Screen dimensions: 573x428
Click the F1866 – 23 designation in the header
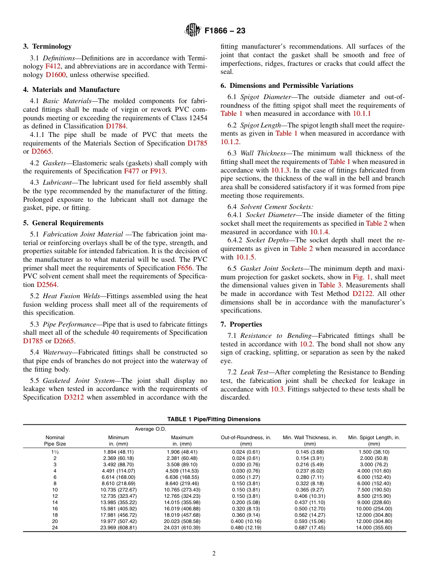tap(225, 31)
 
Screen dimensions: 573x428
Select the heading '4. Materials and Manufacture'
tap(71, 90)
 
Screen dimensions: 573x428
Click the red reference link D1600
tap(55, 75)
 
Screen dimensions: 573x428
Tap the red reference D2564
tap(47, 285)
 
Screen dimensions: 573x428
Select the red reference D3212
tap(74, 397)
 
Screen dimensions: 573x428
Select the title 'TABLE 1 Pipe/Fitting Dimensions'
tap(214, 419)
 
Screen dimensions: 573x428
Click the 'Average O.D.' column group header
tap(150, 429)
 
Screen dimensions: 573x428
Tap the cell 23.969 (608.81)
tap(118, 528)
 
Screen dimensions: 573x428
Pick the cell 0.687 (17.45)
tap(310, 528)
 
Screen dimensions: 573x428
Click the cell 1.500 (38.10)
tap(374, 452)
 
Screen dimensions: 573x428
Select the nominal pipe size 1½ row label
tap(55, 452)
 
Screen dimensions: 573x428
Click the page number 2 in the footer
tap(214, 554)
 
